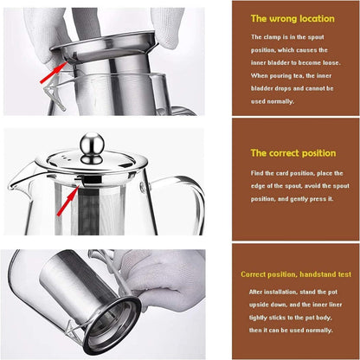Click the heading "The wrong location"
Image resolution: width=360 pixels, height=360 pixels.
292,19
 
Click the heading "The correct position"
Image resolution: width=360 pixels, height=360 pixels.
293,153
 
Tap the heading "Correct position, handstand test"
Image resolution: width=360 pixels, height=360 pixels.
296,274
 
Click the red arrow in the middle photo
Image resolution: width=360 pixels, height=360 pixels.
68,201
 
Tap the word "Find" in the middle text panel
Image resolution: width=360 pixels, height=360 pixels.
257,173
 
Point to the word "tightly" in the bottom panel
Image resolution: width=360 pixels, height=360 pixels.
258,318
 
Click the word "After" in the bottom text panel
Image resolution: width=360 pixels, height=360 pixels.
255,292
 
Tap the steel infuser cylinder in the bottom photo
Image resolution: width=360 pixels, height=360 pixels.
87,297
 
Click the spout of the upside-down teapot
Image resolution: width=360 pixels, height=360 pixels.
72,331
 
